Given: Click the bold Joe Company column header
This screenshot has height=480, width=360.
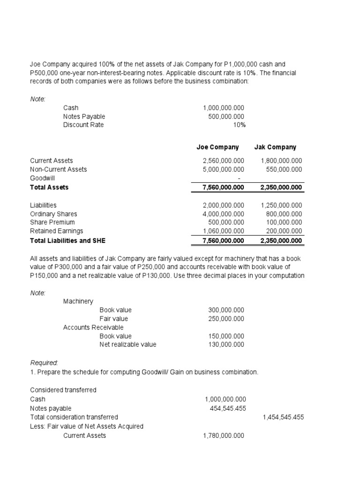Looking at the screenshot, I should [x=217, y=147].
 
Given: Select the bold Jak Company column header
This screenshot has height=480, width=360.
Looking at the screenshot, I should [x=275, y=147].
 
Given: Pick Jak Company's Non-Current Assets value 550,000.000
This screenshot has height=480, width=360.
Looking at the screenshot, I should [x=281, y=169].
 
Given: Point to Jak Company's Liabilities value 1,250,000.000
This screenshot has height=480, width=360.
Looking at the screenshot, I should [x=281, y=205].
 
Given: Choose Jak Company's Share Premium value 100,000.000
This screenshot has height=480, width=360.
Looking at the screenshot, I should [x=281, y=222].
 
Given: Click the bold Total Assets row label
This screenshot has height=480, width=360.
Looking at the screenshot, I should [x=49, y=187].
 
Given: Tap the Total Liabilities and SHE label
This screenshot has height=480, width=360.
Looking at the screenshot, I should [x=67, y=240].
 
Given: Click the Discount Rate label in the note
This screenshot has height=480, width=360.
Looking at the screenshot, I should [x=83, y=125].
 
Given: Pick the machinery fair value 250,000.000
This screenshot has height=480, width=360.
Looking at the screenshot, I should [x=226, y=319].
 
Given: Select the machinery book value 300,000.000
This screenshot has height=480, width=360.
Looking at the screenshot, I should [x=226, y=310].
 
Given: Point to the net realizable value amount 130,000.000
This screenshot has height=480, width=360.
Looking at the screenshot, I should [x=226, y=345].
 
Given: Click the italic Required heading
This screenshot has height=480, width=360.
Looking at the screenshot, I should [x=45, y=363].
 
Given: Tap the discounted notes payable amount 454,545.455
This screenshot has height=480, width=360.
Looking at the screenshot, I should [x=227, y=408].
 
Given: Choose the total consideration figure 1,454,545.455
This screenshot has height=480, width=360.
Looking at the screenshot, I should [x=283, y=417].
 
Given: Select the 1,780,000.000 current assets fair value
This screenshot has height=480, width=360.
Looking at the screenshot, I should [x=224, y=435].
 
